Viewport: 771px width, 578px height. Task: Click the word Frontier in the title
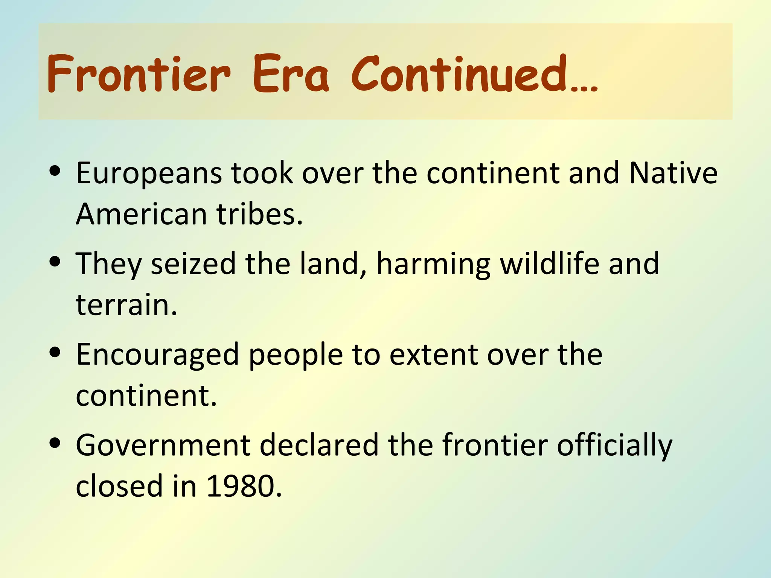coord(139,73)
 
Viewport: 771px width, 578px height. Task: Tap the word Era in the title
coord(291,73)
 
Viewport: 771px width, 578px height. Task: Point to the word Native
coord(673,173)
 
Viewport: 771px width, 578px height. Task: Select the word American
coord(142,214)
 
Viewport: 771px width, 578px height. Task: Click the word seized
coord(193,264)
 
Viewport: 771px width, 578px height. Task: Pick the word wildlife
coord(549,264)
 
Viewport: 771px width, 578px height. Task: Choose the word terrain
coord(126,305)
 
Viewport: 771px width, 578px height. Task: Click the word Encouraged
coord(157,355)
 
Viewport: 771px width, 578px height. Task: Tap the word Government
coord(163,446)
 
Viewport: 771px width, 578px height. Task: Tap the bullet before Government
coord(55,443)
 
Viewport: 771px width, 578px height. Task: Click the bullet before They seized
coord(55,262)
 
